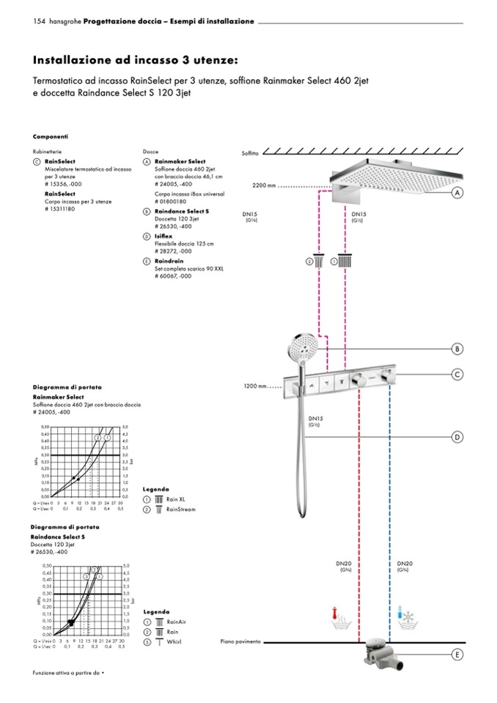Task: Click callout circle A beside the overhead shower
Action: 456,193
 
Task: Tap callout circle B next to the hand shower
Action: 456,348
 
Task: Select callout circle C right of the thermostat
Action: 456,375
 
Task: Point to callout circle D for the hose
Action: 456,438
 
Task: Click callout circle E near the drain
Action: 456,654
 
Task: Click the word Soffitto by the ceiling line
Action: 251,153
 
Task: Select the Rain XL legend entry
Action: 173,498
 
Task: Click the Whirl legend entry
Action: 173,641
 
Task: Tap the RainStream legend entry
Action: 180,509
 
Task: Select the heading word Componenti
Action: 51,136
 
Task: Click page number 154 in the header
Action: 40,21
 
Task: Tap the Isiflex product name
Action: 164,238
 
